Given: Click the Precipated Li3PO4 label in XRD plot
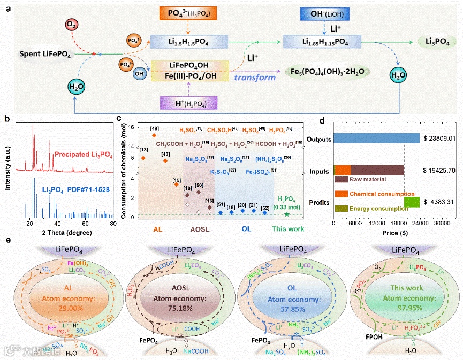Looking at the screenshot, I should click(x=82, y=156).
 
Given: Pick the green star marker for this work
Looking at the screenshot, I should click(x=288, y=214).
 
